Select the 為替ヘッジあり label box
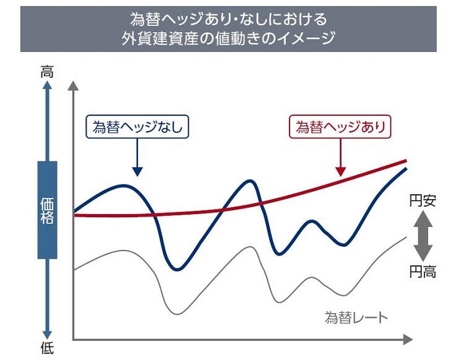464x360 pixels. click(x=340, y=127)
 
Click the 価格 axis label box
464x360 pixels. click(x=47, y=210)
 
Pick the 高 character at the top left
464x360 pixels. click(x=47, y=72)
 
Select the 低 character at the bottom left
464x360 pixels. click(x=47, y=348)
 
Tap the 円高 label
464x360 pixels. click(x=423, y=271)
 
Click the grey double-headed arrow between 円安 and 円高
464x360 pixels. click(x=423, y=236)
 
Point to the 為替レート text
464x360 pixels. click(x=356, y=318)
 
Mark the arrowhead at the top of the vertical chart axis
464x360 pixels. click(x=74, y=85)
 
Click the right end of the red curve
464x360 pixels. click(x=406, y=161)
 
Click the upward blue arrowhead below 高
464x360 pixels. click(x=47, y=88)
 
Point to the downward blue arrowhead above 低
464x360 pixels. click(x=47, y=333)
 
